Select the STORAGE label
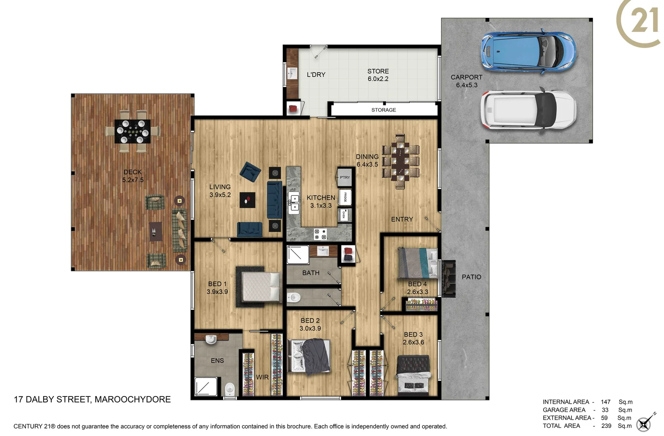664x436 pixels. click(x=383, y=110)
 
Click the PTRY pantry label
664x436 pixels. click(x=345, y=177)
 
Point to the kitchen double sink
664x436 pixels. click(x=294, y=203)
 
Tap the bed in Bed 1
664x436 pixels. click(x=261, y=287)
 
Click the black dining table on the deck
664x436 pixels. click(x=132, y=131)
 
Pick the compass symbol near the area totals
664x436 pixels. click(x=644, y=423)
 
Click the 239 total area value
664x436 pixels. click(x=606, y=426)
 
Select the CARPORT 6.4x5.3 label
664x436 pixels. click(x=466, y=81)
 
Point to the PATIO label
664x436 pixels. click(x=471, y=277)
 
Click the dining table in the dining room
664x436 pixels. click(x=400, y=161)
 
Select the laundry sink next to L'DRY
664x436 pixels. click(x=292, y=73)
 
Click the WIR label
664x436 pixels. click(x=262, y=377)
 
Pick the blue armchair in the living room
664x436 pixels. click(x=250, y=172)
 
